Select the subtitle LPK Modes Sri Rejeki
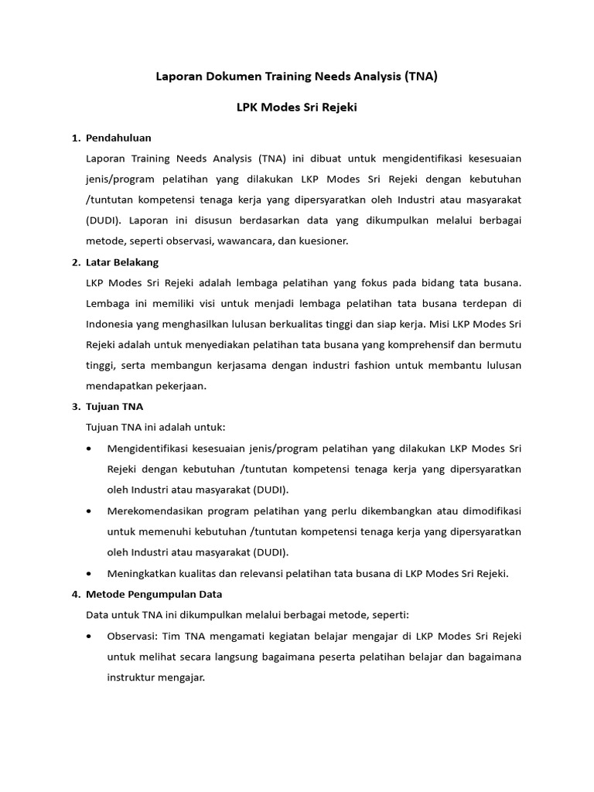296,108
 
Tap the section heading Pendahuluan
118,138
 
